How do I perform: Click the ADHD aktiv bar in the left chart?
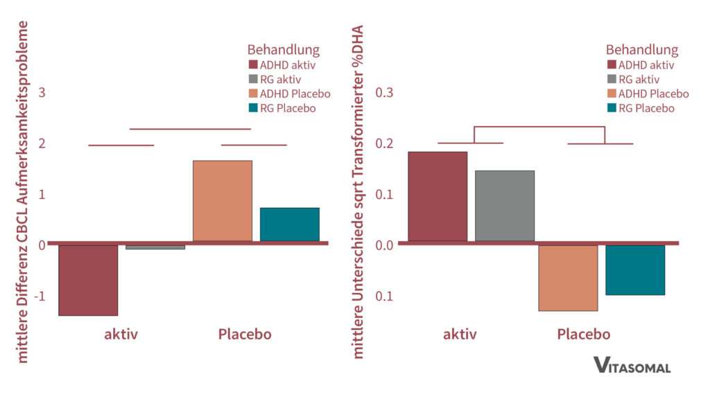(x=88, y=280)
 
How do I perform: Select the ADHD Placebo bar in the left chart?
(x=222, y=201)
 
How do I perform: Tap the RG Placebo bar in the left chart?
(x=289, y=224)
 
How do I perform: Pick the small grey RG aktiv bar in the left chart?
(x=155, y=247)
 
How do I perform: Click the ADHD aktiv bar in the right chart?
(x=438, y=196)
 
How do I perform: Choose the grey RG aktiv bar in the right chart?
(x=504, y=206)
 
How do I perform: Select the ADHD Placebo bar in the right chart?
(x=568, y=278)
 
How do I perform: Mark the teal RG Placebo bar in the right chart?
(x=635, y=269)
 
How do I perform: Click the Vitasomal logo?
(x=632, y=366)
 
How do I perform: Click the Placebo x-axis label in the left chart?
(x=245, y=335)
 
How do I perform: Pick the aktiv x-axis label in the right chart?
(x=460, y=335)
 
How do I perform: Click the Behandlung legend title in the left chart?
(x=283, y=50)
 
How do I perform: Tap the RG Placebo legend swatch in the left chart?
(x=254, y=108)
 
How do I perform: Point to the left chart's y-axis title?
(x=23, y=193)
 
